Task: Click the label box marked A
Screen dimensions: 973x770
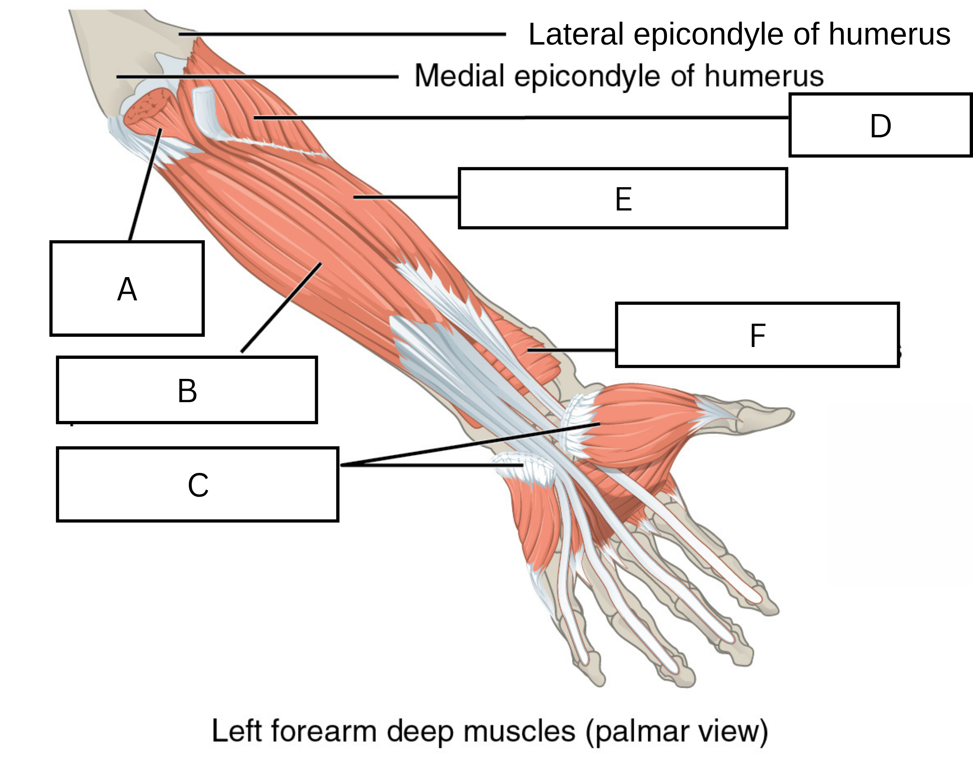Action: pyautogui.click(x=127, y=289)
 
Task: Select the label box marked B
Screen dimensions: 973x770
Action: pyautogui.click(x=187, y=390)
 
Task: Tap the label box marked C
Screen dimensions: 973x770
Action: pyautogui.click(x=197, y=485)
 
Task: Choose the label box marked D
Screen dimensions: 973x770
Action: pyautogui.click(x=880, y=125)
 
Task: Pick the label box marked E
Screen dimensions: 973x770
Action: pyautogui.click(x=623, y=198)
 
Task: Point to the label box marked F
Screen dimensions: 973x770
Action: pyautogui.click(x=757, y=335)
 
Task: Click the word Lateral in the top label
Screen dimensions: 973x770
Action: pyautogui.click(x=575, y=34)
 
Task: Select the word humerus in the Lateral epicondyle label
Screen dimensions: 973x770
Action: pyautogui.click(x=889, y=34)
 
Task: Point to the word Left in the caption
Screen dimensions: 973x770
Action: pyautogui.click(x=237, y=730)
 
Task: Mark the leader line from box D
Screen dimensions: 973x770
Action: pyautogui.click(x=521, y=118)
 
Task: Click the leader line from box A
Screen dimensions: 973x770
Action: pyautogui.click(x=145, y=185)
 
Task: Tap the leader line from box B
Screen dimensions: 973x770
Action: pyautogui.click(x=281, y=307)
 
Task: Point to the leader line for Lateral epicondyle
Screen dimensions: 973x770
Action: pyautogui.click(x=342, y=34)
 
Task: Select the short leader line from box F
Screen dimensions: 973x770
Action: pyautogui.click(x=571, y=349)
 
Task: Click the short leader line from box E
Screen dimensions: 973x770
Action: pyautogui.click(x=406, y=197)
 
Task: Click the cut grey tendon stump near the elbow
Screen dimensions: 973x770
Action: pyautogui.click(x=206, y=110)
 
